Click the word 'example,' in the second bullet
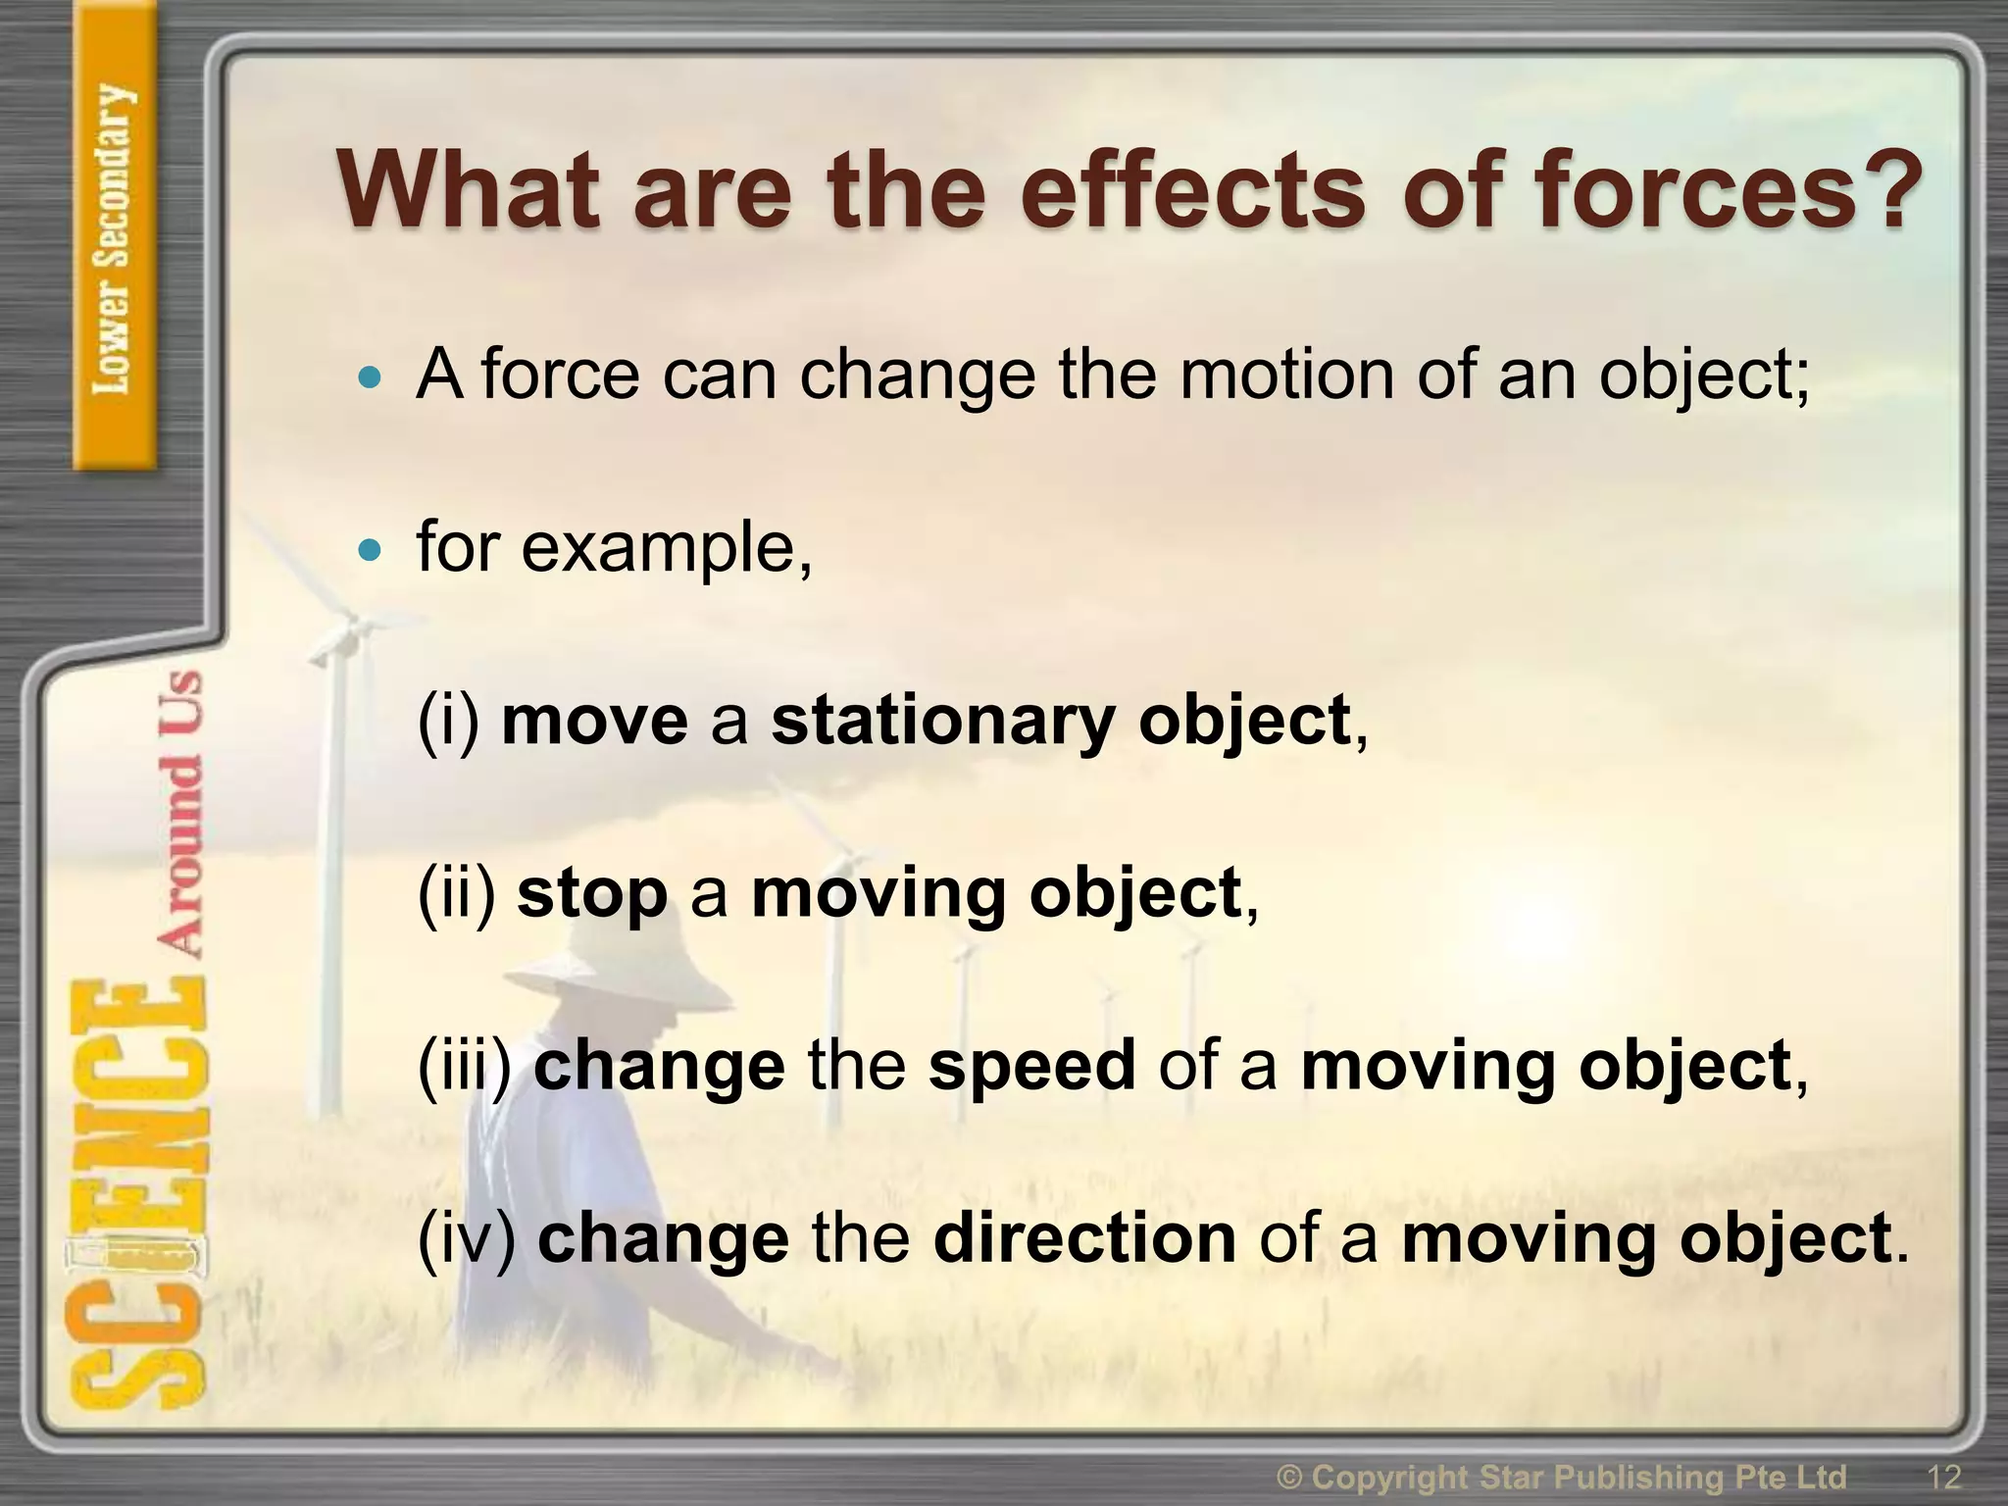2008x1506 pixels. tap(667, 549)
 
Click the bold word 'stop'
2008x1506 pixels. tap(591, 895)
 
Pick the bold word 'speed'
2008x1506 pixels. tap(1031, 1067)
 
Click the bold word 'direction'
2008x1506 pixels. tap(1084, 1238)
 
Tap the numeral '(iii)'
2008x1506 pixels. tap(464, 1067)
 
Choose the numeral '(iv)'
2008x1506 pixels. tap(466, 1238)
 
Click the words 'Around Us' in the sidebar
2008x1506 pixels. tap(181, 814)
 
